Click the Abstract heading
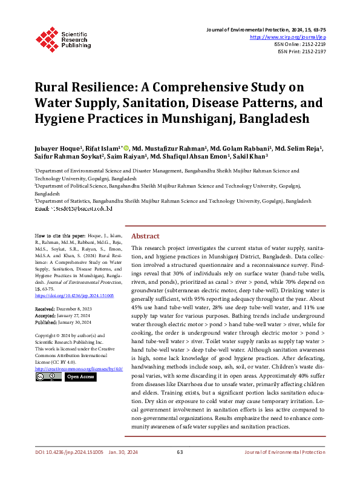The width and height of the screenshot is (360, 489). coord(146,235)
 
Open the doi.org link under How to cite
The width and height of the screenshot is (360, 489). coord(74,296)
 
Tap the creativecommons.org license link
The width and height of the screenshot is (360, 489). coord(79,368)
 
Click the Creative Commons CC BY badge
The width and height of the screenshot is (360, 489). coord(48,376)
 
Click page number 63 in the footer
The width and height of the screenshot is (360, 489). coord(180,469)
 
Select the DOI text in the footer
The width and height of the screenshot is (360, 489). coord(68,469)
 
